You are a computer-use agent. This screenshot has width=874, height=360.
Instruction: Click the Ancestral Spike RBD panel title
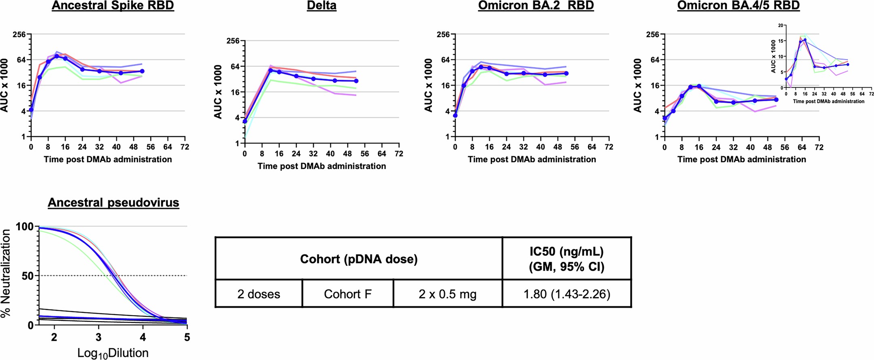pyautogui.click(x=113, y=6)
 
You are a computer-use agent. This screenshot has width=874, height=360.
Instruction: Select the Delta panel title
pyautogui.click(x=321, y=6)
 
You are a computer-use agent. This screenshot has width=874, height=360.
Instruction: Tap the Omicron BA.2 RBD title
pyautogui.click(x=536, y=6)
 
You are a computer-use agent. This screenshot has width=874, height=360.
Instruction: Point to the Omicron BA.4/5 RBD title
pyautogui.click(x=738, y=6)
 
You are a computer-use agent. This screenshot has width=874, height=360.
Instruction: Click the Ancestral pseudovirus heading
pyautogui.click(x=113, y=202)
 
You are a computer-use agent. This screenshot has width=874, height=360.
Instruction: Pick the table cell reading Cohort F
pyautogui.click(x=348, y=294)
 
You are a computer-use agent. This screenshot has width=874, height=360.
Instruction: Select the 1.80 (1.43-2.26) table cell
pyautogui.click(x=567, y=294)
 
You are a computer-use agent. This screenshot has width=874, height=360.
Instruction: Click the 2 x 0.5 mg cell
pyautogui.click(x=448, y=294)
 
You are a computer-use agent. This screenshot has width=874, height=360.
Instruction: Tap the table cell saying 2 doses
pyautogui.click(x=259, y=294)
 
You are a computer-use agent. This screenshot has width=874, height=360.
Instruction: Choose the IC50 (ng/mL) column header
pyautogui.click(x=567, y=259)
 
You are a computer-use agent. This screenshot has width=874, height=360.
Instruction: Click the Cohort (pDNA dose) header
pyautogui.click(x=359, y=259)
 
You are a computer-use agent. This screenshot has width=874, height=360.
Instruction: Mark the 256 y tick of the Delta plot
pyautogui.click(x=233, y=41)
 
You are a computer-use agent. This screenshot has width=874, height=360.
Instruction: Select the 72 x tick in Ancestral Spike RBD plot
pyautogui.click(x=185, y=147)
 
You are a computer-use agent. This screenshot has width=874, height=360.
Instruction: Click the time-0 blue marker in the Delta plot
pyautogui.click(x=245, y=121)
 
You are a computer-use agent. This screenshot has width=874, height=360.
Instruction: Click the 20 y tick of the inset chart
pyautogui.click(x=781, y=25)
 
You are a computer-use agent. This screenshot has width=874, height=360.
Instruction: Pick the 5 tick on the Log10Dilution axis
pyautogui.click(x=187, y=337)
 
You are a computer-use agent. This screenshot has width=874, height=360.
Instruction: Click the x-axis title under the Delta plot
pyautogui.click(x=321, y=166)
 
